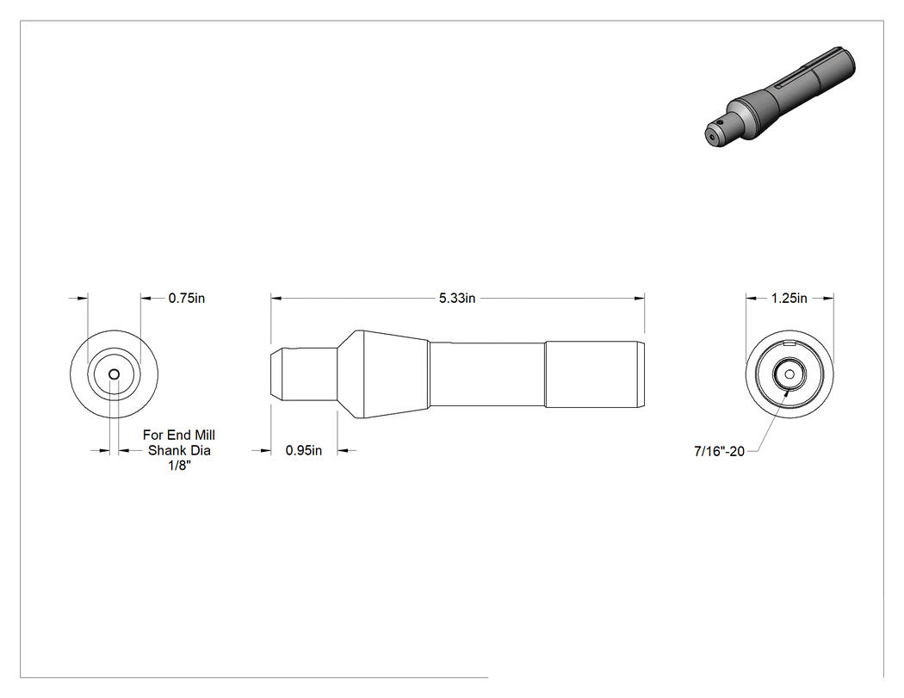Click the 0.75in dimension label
coord(186,298)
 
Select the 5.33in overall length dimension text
coord(457,298)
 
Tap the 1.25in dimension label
coord(789,298)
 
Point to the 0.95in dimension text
coord(304,450)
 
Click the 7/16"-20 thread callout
coord(720,451)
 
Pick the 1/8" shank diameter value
coord(179,465)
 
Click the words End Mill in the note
coord(191,435)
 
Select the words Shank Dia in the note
coord(179,450)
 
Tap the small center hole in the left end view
coord(115,374)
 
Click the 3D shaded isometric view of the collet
coord(780,96)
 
